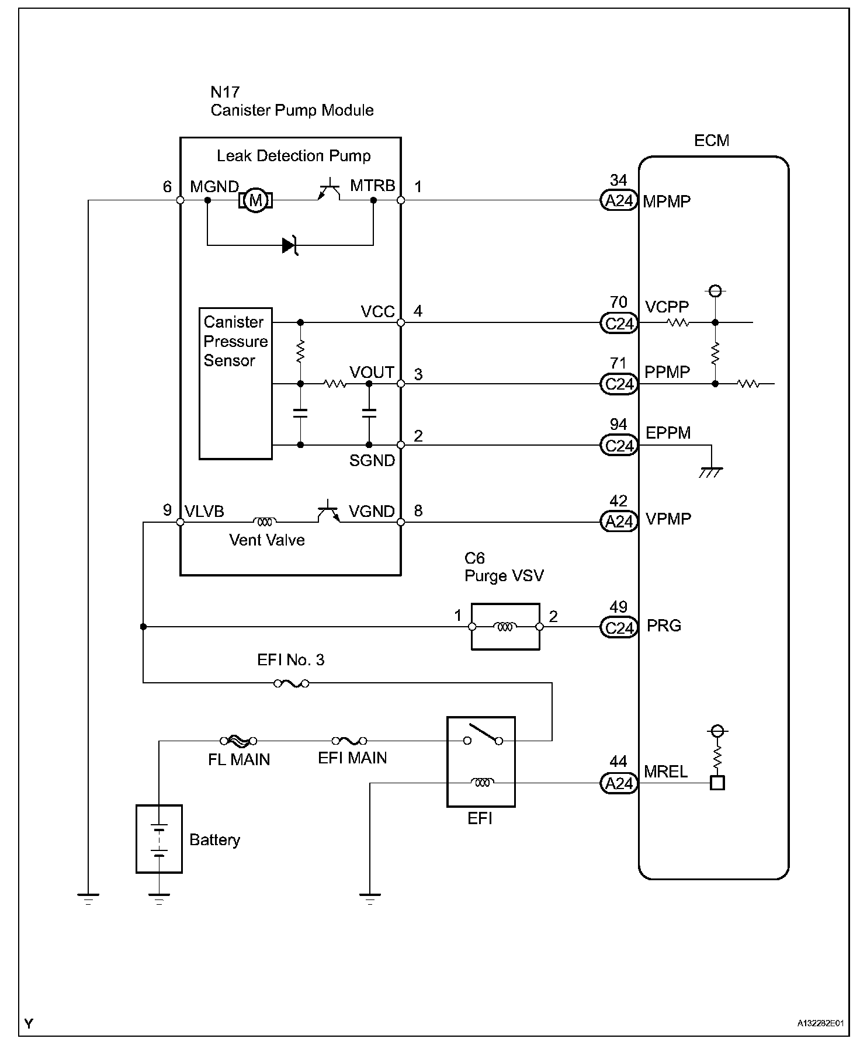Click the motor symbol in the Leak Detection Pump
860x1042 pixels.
tap(255, 200)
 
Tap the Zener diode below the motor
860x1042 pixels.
tap(290, 245)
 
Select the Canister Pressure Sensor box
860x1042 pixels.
tap(235, 384)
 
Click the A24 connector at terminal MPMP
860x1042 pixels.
tap(619, 201)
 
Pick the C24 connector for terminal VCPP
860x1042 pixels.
tap(619, 323)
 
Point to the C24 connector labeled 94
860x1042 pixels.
tap(619, 446)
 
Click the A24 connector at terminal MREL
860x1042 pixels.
tap(619, 783)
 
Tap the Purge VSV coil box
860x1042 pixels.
tap(505, 627)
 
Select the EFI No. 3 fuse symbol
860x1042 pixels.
tap(292, 683)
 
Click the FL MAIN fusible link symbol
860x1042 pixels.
tap(238, 741)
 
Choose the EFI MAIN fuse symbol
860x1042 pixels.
tap(349, 741)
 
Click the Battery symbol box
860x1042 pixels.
tap(159, 839)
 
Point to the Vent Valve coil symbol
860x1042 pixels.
tap(265, 521)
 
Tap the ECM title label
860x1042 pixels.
tap(712, 141)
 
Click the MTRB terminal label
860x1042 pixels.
tap(373, 186)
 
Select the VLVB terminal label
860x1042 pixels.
tap(204, 512)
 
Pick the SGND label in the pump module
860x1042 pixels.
tap(372, 461)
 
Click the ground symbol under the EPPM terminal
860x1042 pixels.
tap(711, 472)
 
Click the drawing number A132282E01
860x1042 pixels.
tap(821, 1023)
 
